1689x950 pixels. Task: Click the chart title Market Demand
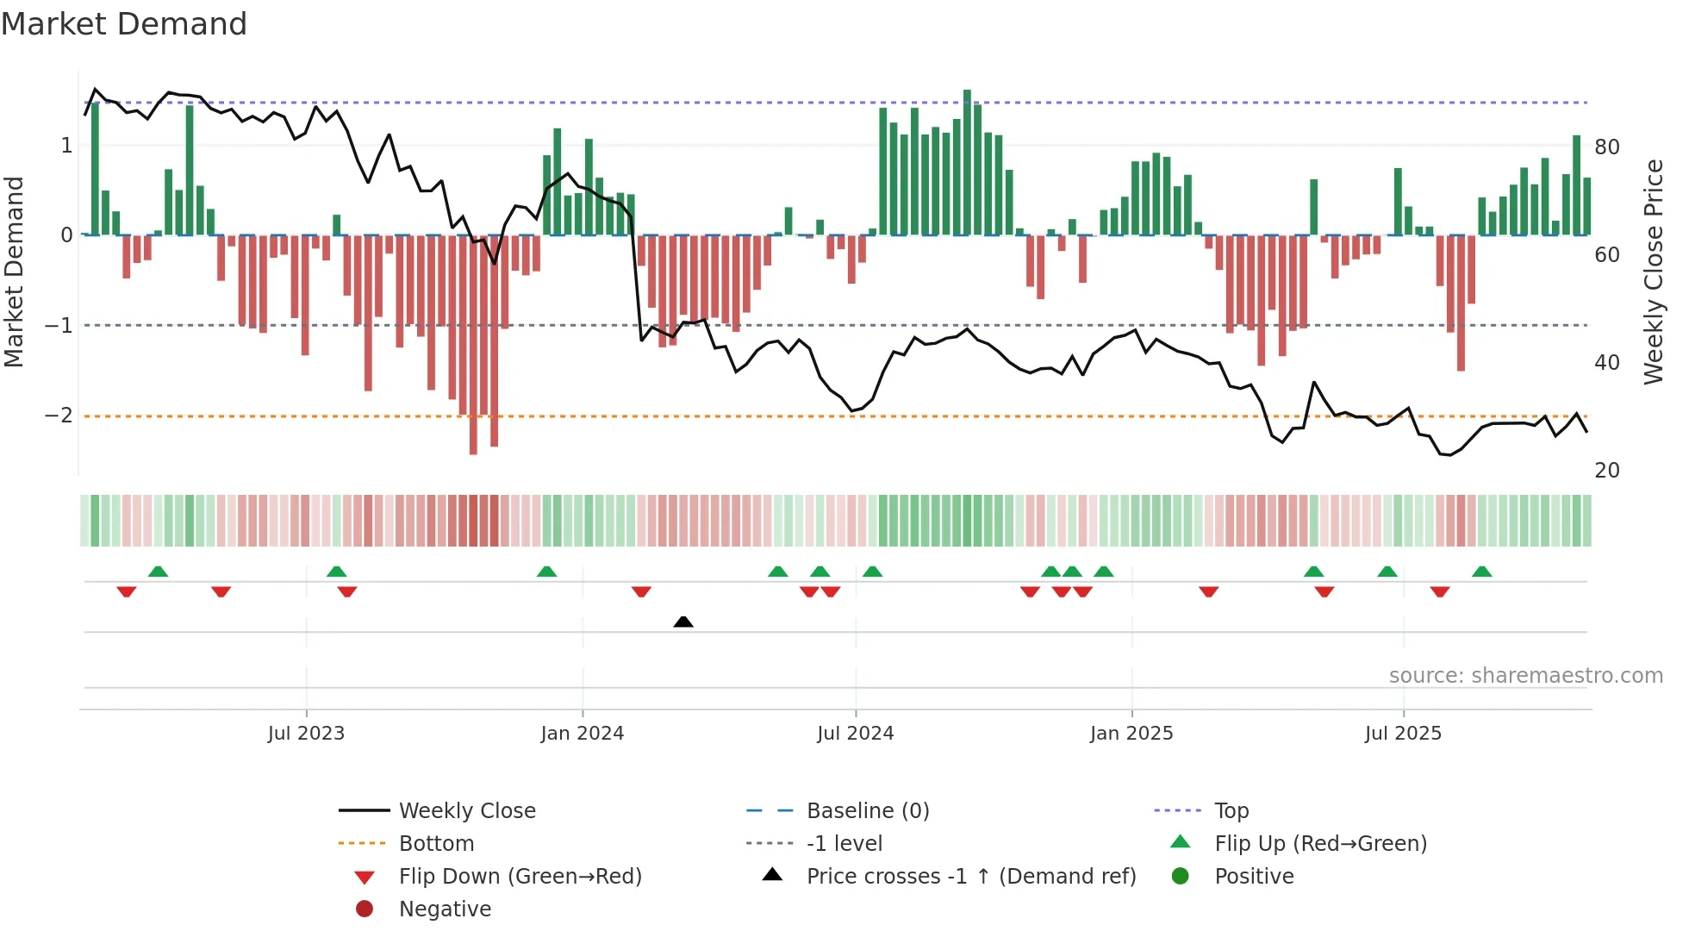124,24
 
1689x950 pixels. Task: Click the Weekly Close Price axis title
1653,272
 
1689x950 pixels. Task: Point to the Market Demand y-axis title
14,272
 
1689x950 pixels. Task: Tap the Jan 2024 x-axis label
582,734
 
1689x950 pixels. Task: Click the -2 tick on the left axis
59,416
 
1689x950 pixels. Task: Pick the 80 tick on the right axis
1606,147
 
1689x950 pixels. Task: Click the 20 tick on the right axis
1606,471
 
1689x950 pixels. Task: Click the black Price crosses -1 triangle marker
683,622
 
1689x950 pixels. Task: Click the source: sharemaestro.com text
1525,676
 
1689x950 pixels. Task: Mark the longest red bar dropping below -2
473,345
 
